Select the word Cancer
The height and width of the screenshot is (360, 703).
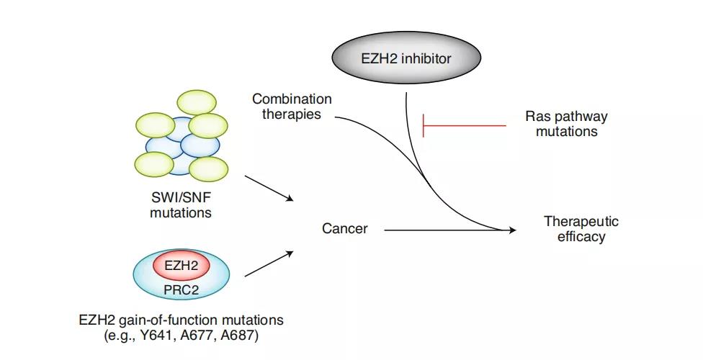tap(344, 229)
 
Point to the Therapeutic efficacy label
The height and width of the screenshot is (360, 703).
tap(581, 229)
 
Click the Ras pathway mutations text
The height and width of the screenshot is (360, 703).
tap(566, 125)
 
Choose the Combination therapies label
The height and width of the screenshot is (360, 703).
tap(292, 107)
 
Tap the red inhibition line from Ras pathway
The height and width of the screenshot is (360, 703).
tap(465, 126)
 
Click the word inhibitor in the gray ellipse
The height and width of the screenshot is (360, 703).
tap(429, 59)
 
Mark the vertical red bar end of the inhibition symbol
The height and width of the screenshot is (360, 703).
tap(423, 126)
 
